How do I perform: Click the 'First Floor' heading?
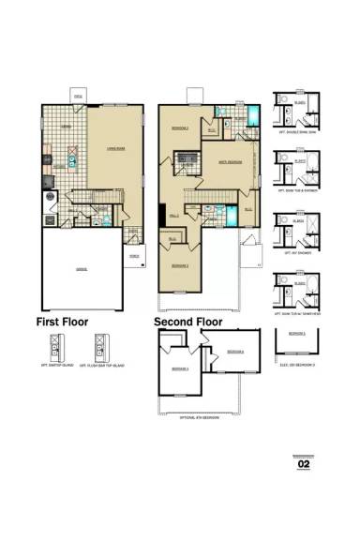coord(62,321)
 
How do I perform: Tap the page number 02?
coord(303,462)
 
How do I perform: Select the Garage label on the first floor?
coord(82,269)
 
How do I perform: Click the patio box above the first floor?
coord(79,95)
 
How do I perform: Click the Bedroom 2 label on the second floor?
coord(180,127)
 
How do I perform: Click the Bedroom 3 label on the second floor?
coord(180,267)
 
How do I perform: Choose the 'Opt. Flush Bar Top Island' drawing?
coord(102,353)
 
